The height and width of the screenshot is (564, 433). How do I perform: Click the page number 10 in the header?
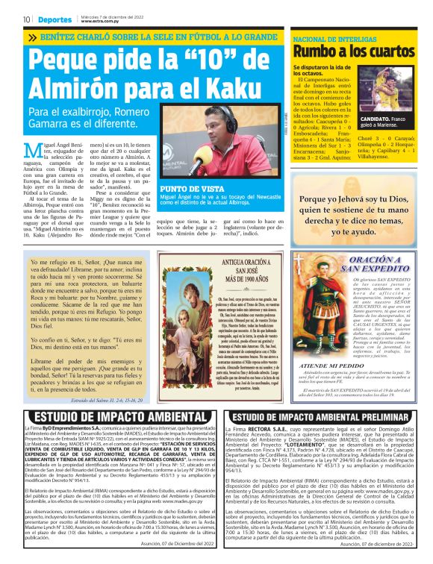[x=26, y=19]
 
